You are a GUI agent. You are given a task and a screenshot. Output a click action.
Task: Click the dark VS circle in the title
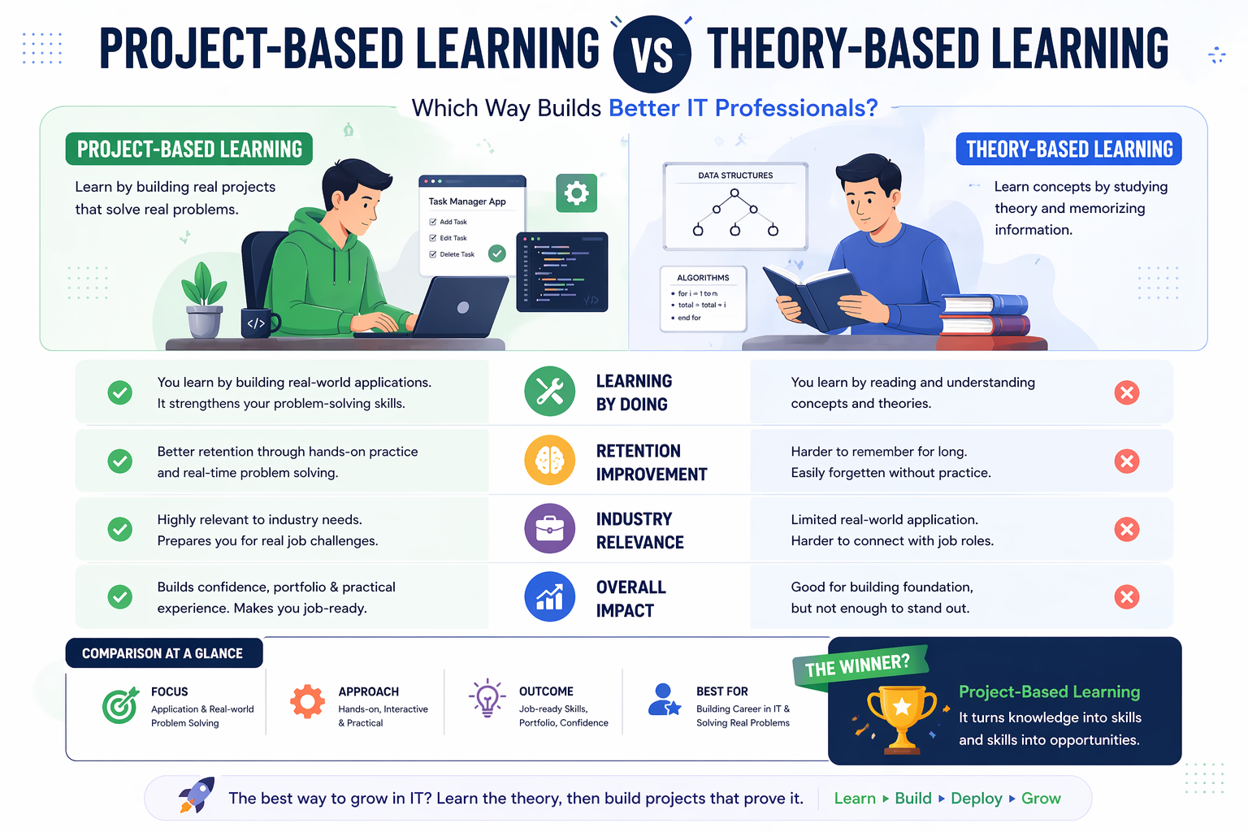point(652,54)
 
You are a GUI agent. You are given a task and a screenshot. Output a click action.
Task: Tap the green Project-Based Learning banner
point(189,149)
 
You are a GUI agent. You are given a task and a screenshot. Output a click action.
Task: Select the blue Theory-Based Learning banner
point(1068,149)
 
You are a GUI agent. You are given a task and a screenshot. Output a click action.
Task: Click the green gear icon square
point(577,193)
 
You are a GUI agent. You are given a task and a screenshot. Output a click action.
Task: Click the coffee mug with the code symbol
point(258,323)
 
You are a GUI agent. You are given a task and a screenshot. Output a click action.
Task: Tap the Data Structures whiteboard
point(735,206)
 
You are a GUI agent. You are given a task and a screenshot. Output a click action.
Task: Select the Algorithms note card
point(703,298)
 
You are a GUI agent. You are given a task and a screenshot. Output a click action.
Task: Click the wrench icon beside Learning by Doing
point(550,392)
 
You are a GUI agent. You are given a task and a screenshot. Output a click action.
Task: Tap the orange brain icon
point(550,461)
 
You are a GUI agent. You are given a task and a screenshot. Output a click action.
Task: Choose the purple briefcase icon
point(550,529)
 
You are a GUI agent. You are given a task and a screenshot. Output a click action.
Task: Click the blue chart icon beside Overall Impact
point(550,597)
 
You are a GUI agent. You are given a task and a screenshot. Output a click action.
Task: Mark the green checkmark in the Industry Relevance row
point(120,530)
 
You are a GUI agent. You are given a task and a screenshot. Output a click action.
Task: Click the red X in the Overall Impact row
point(1126,597)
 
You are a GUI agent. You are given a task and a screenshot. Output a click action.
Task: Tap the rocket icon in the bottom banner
point(197,795)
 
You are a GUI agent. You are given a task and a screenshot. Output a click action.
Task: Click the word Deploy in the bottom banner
point(976,799)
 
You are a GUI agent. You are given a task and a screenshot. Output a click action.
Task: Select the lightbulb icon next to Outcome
point(487,699)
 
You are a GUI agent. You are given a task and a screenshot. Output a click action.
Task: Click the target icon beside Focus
point(120,705)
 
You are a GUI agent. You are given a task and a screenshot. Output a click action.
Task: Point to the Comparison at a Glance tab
point(163,653)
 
